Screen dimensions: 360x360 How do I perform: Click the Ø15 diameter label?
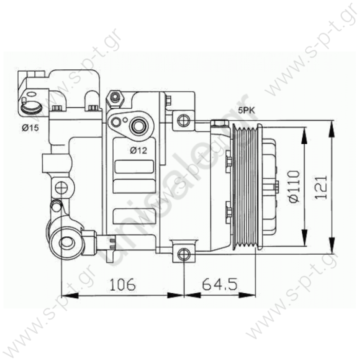tap(29, 127)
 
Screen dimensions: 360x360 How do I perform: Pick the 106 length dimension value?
tap(122, 284)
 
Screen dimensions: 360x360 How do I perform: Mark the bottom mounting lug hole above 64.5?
tap(184, 253)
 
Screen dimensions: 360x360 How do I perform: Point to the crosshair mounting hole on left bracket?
tap(61, 188)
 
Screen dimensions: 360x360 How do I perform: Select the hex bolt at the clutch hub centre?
tap(275, 186)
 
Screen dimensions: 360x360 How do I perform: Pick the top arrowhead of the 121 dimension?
tap(331, 124)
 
